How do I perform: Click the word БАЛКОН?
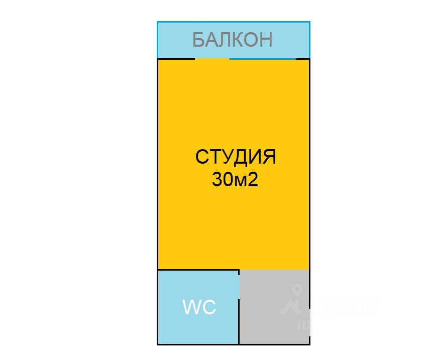(x=233, y=39)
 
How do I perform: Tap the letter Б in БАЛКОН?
(x=199, y=39)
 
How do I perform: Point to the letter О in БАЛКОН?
(x=251, y=39)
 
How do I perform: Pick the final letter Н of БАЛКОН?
(x=266, y=39)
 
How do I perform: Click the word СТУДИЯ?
(x=236, y=157)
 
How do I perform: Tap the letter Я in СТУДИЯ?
(x=270, y=157)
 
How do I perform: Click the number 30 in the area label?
(x=221, y=180)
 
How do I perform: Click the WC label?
(x=199, y=307)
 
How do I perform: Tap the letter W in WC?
(x=192, y=307)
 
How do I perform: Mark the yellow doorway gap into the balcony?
(x=212, y=59)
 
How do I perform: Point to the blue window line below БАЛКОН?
(x=269, y=59)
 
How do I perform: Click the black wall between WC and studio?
(x=198, y=270)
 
